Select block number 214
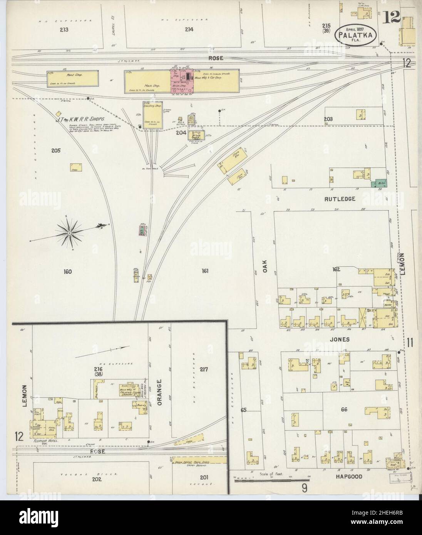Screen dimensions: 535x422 189,29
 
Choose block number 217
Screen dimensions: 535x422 204,369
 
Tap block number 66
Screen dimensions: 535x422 344,410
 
